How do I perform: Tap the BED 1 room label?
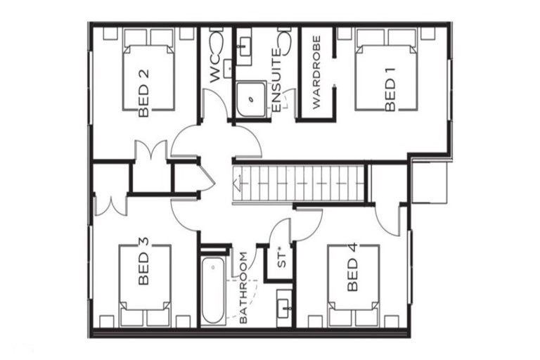391,92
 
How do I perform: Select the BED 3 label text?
143,261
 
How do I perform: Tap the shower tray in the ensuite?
250,101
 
